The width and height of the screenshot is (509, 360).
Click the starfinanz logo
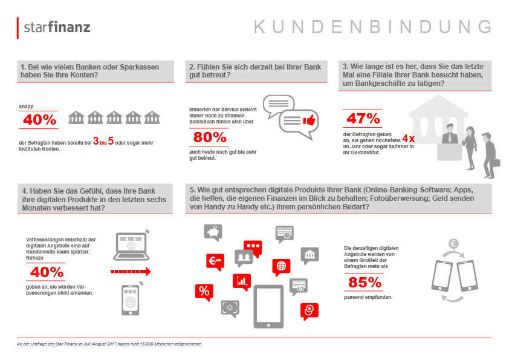pos(54,27)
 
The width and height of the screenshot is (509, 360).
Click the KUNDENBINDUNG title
pos(372,27)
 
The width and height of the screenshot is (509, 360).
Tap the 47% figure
pos(363,119)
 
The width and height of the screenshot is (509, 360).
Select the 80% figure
pos(210,137)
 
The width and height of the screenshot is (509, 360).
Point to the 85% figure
pos(365,283)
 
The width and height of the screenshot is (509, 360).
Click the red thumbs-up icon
pos(309,120)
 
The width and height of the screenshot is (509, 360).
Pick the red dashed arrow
pos(131,271)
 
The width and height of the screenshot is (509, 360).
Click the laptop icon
pos(131,246)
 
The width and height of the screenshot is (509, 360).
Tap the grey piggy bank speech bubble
pos(213,232)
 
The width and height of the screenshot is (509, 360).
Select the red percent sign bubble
pos(204,292)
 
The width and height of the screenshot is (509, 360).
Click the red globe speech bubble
pos(281,267)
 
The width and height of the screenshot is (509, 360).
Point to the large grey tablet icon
pos(268,307)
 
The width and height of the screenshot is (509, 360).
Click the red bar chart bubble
pos(242,282)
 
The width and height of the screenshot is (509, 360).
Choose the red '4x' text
pos(409,139)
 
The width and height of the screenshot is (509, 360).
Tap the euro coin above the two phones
pos(453,243)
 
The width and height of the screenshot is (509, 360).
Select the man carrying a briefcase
pos(490,155)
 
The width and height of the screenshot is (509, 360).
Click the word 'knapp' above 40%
pos(26,106)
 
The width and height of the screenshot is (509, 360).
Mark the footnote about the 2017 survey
pos(110,344)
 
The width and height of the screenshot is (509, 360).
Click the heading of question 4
pos(94,199)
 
